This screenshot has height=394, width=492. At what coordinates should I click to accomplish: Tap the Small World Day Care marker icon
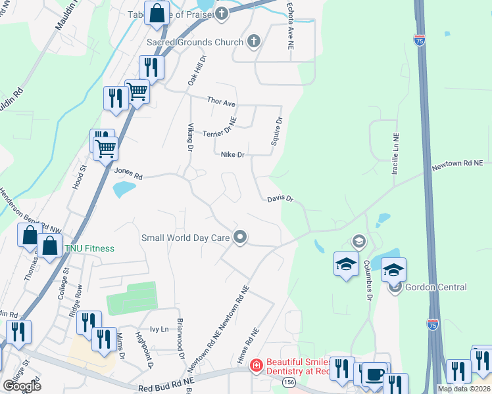point(241,237)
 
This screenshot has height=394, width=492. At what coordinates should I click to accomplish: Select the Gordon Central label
point(437,288)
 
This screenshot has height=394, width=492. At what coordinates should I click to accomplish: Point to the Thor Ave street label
point(221,102)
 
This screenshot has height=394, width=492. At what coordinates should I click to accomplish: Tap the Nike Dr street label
point(232,155)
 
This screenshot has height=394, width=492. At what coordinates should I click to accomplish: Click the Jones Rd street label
point(128,173)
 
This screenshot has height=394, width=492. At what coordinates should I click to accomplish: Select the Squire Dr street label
point(278,131)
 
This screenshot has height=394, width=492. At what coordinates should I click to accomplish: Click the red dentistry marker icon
point(255,364)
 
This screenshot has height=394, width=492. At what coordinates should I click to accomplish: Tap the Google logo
point(22,386)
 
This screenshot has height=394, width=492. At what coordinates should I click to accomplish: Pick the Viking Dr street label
point(190,137)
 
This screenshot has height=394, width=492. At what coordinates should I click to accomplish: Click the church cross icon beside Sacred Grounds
point(253,42)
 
